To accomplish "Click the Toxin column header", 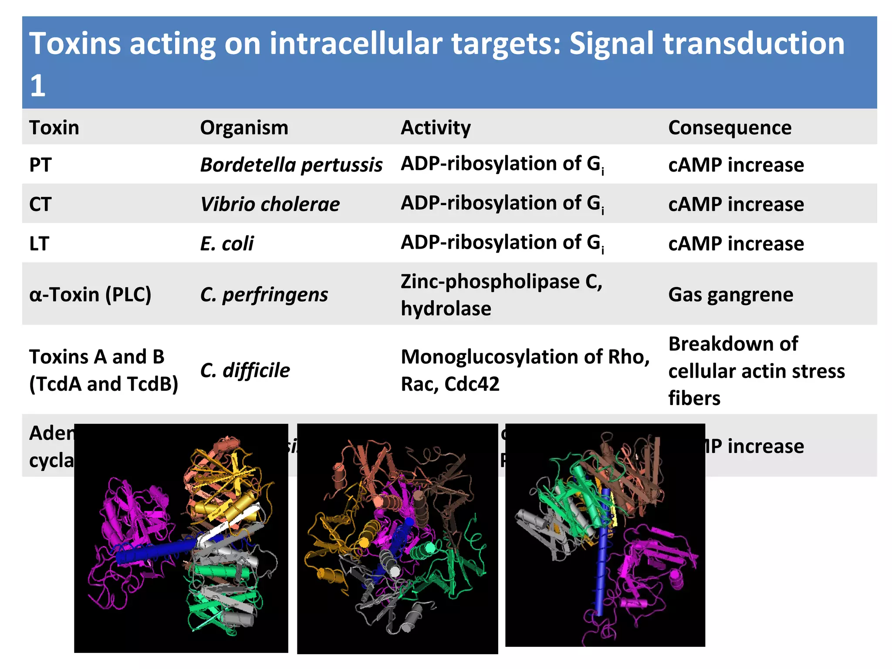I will pyautogui.click(x=54, y=128).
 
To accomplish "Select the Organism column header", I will pyautogui.click(x=244, y=128).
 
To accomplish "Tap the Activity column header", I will pyautogui.click(x=436, y=128).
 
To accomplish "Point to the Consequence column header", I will pyautogui.click(x=730, y=128).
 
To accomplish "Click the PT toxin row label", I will pyautogui.click(x=40, y=165).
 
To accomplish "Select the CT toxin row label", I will pyautogui.click(x=40, y=204).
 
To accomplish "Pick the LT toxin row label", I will pyautogui.click(x=39, y=243).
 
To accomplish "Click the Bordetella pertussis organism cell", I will pyautogui.click(x=291, y=165).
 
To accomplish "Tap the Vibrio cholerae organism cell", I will pyautogui.click(x=270, y=204).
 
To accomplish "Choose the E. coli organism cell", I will pyautogui.click(x=226, y=243).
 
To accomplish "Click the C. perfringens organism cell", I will pyautogui.click(x=264, y=295).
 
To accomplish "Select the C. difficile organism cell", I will pyautogui.click(x=245, y=370).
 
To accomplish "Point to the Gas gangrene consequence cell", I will pyautogui.click(x=730, y=295).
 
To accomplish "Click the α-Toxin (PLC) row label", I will pyautogui.click(x=90, y=295).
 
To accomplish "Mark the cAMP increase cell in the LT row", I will pyautogui.click(x=736, y=243).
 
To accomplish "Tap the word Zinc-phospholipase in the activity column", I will pyautogui.click(x=490, y=281).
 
